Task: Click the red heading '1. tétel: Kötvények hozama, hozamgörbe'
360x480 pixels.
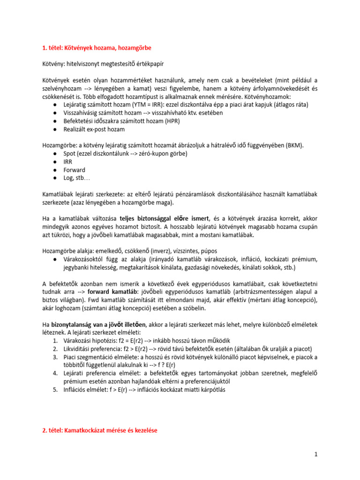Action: [97, 48]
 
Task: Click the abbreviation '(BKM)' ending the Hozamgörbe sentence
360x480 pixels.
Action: [294, 145]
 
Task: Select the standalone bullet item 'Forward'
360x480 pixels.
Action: [75, 170]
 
